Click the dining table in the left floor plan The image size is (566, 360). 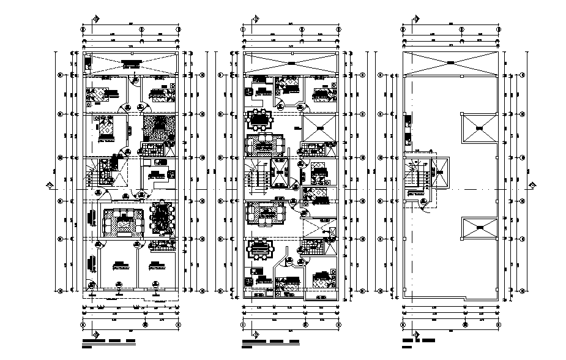point(162,219)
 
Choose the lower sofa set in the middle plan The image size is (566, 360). point(263,215)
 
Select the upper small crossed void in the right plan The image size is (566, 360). point(478,129)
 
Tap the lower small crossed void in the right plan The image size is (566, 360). point(478,230)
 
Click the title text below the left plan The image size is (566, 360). point(108,339)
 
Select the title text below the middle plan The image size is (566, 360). point(269,339)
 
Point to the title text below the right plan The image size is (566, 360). point(419,339)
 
